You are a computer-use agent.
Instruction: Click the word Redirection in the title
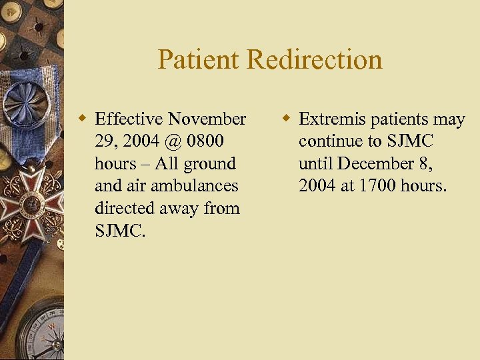315,59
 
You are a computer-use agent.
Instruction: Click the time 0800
206,141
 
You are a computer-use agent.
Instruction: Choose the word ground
211,164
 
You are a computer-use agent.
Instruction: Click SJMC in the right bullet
409,141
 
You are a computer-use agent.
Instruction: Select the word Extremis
331,119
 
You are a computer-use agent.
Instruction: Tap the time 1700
381,186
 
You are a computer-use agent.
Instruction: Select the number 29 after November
106,141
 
